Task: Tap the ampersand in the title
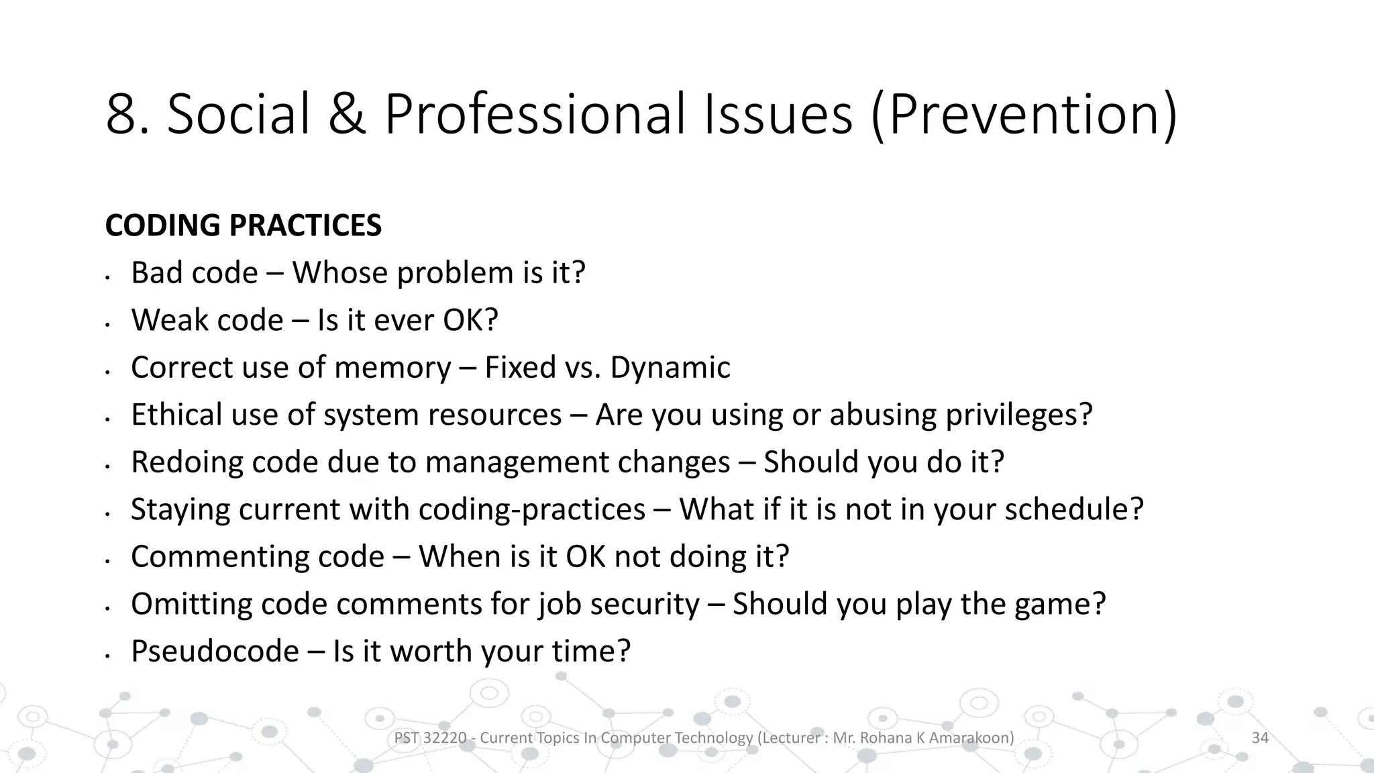pyautogui.click(x=347, y=115)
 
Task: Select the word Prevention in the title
pyautogui.click(x=1024, y=115)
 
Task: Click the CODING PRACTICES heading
pyautogui.click(x=244, y=225)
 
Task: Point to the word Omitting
pyautogui.click(x=191, y=604)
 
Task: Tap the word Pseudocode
pyautogui.click(x=215, y=652)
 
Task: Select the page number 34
pyautogui.click(x=1260, y=738)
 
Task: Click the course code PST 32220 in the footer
pyautogui.click(x=429, y=738)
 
